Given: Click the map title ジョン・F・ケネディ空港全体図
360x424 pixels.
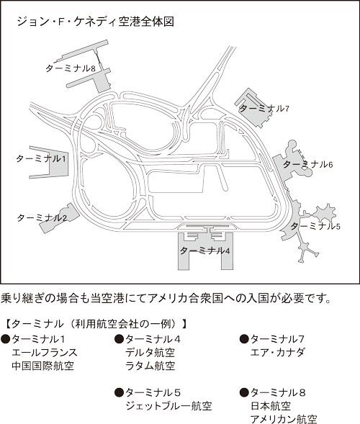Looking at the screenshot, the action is point(95,22).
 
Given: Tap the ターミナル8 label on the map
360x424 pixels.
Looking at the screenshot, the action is point(71,68).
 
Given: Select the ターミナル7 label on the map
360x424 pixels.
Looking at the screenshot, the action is point(264,109).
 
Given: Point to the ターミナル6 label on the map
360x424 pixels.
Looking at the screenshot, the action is point(307,164).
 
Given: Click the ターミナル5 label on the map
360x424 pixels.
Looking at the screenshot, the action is point(315,226).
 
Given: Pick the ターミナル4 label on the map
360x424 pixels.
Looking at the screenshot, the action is point(204,251).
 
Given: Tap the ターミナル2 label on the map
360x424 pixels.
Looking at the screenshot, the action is point(42,217).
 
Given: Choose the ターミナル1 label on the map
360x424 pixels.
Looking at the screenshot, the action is point(41,158).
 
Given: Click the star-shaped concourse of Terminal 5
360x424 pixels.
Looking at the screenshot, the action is point(326,212).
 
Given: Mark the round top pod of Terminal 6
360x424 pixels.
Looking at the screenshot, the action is point(292,144).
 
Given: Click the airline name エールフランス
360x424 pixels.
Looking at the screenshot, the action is point(45,353).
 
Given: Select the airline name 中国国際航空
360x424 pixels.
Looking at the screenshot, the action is point(42,366).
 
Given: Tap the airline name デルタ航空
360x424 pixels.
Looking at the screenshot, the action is point(150,353).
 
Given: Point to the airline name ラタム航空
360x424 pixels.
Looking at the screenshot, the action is point(150,366).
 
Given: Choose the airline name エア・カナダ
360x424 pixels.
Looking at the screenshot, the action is point(277,353).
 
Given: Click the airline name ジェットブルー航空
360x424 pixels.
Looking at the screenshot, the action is point(168,406).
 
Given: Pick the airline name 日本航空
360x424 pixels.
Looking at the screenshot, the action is point(271,406).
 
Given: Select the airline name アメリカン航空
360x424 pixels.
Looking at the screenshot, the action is point(284,419).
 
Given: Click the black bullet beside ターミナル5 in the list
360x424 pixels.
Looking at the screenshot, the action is point(119,392).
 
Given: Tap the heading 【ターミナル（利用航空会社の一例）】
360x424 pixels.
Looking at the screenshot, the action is point(96,324).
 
